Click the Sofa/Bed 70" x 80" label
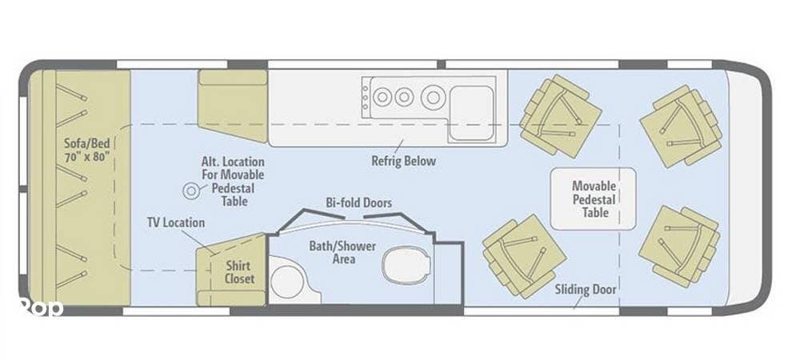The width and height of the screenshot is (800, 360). point(88,150)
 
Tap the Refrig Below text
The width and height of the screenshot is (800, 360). point(403,161)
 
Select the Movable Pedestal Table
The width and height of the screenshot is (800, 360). point(594,199)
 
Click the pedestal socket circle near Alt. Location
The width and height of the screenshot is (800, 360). point(191,191)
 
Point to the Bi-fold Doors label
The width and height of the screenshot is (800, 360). point(358,202)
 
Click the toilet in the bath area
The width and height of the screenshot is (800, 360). point(406,266)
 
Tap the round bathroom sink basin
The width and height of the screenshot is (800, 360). point(286,282)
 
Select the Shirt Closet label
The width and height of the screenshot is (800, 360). point(238,272)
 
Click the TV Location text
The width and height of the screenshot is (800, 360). point(175,223)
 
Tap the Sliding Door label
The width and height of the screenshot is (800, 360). point(586,290)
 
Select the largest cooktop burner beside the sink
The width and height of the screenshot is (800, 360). point(433,97)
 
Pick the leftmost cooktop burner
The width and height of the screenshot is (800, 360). point(382,97)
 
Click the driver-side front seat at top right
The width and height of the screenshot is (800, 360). point(681,126)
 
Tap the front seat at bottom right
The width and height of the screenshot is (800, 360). point(679,246)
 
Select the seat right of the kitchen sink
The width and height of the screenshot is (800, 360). point(560,116)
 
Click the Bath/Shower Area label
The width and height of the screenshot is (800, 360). point(342,253)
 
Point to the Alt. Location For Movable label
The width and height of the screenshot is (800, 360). point(233,168)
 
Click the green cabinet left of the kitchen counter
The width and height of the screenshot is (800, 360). point(233,106)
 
